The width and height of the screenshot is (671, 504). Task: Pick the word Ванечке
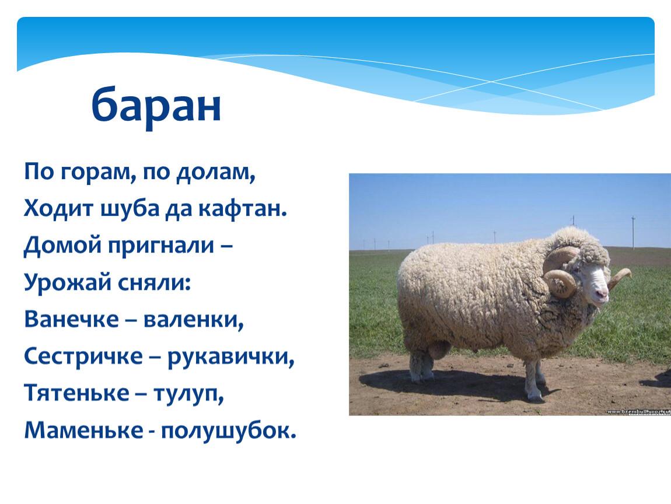click(x=71, y=319)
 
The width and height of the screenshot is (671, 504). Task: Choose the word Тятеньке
click(x=76, y=393)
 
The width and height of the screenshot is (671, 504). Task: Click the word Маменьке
click(x=84, y=430)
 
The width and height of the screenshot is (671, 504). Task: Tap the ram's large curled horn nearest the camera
click(x=562, y=282)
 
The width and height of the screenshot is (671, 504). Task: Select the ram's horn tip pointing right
click(x=628, y=272)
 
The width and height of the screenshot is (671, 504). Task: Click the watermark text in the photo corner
click(x=638, y=411)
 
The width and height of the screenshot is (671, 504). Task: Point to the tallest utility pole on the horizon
click(x=633, y=233)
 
